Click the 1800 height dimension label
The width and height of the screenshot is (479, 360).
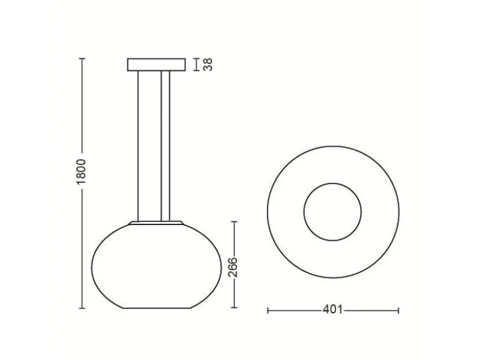pos(81,172)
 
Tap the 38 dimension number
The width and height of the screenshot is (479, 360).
pos(208,65)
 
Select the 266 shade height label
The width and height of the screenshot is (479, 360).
pos(233,267)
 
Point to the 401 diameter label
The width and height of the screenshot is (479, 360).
pos(333,310)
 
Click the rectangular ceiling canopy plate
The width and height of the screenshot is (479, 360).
pos(156,65)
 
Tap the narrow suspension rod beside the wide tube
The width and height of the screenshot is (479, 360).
pos(165,146)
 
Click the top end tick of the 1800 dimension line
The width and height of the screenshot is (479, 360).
pos(82,58)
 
